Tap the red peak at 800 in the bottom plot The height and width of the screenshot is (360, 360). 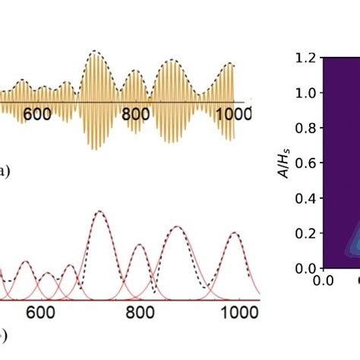(140, 245)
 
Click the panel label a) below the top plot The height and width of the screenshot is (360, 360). (5, 172)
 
